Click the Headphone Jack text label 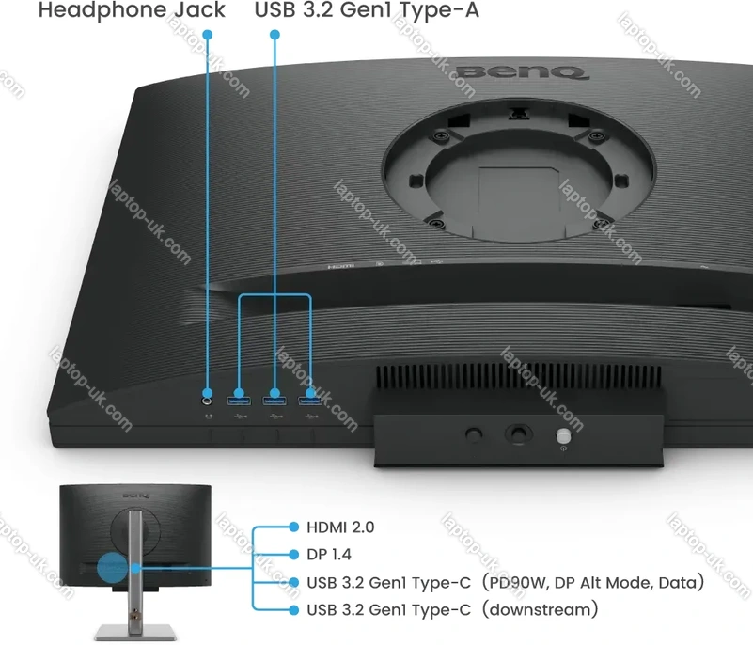click(132, 10)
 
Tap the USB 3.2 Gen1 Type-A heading click(367, 10)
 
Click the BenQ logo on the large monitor click(521, 72)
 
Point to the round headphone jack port click(208, 400)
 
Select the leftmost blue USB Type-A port click(239, 400)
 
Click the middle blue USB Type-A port click(275, 400)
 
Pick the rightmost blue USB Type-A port click(310, 400)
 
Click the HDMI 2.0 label click(340, 527)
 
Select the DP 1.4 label click(329, 555)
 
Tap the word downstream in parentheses click(541, 610)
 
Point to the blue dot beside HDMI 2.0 click(294, 527)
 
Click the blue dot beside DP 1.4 click(294, 555)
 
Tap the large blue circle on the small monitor click(113, 568)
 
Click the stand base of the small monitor click(135, 633)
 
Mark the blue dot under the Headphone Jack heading click(208, 35)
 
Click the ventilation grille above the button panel click(519, 377)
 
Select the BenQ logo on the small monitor click(136, 495)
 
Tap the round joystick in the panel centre click(519, 433)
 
